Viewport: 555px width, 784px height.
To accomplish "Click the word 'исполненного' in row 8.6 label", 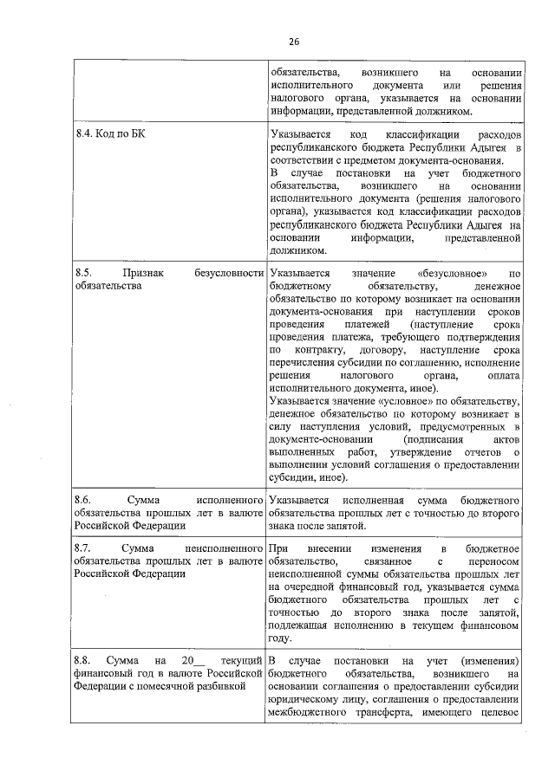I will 230,501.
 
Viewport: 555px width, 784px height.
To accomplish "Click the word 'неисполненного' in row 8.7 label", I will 224,548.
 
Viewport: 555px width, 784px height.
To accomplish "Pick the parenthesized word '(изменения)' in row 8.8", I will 490,663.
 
